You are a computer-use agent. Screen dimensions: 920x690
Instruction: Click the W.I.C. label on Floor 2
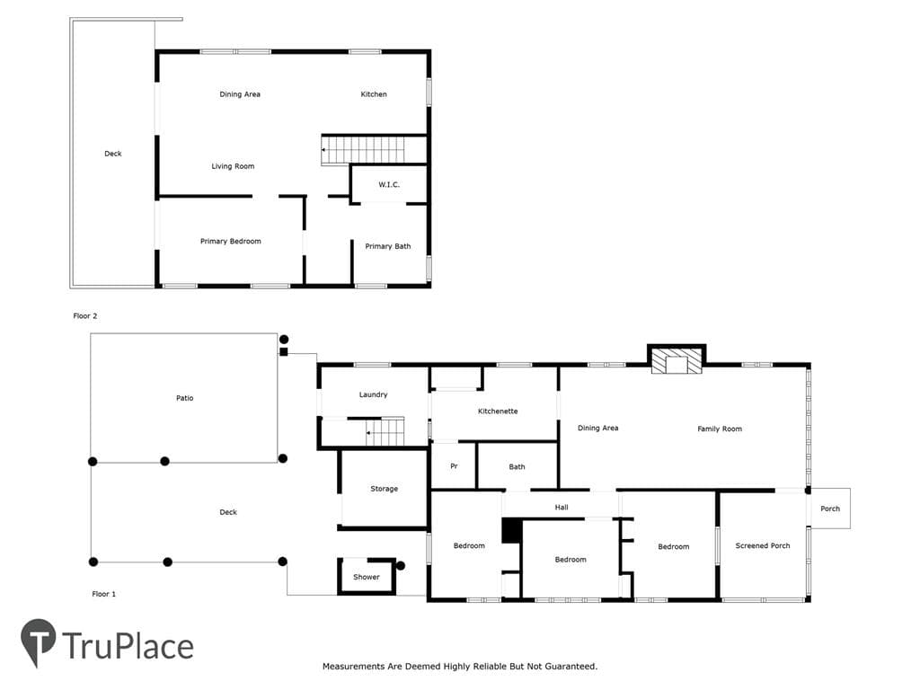click(x=388, y=184)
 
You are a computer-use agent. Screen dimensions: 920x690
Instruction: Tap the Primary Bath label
click(x=388, y=246)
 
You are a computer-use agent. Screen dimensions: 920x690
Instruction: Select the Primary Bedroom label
click(x=231, y=241)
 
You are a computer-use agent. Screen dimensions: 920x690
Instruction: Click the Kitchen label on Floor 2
click(x=374, y=93)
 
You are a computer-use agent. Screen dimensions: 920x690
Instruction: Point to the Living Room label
click(x=233, y=166)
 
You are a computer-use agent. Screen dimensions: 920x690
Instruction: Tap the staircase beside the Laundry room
click(x=385, y=432)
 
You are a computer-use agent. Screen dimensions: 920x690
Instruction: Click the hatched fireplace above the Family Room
click(x=677, y=361)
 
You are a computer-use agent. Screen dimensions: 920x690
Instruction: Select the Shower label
click(x=367, y=578)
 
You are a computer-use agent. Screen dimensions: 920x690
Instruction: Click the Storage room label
click(x=385, y=489)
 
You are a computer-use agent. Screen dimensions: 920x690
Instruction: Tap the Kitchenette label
click(x=498, y=411)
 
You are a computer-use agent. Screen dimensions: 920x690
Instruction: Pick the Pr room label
click(x=454, y=466)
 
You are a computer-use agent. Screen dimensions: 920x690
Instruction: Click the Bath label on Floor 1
click(x=517, y=467)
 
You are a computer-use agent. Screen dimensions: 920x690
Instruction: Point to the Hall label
click(x=562, y=508)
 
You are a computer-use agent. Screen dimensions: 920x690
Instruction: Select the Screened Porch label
click(x=763, y=545)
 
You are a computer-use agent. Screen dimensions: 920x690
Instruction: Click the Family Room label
click(x=720, y=429)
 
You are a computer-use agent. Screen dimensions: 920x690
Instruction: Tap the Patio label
click(x=185, y=398)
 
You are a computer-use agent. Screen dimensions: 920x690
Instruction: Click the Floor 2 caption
click(x=85, y=315)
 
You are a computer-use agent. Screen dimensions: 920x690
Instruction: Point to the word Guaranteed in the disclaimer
click(x=571, y=667)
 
